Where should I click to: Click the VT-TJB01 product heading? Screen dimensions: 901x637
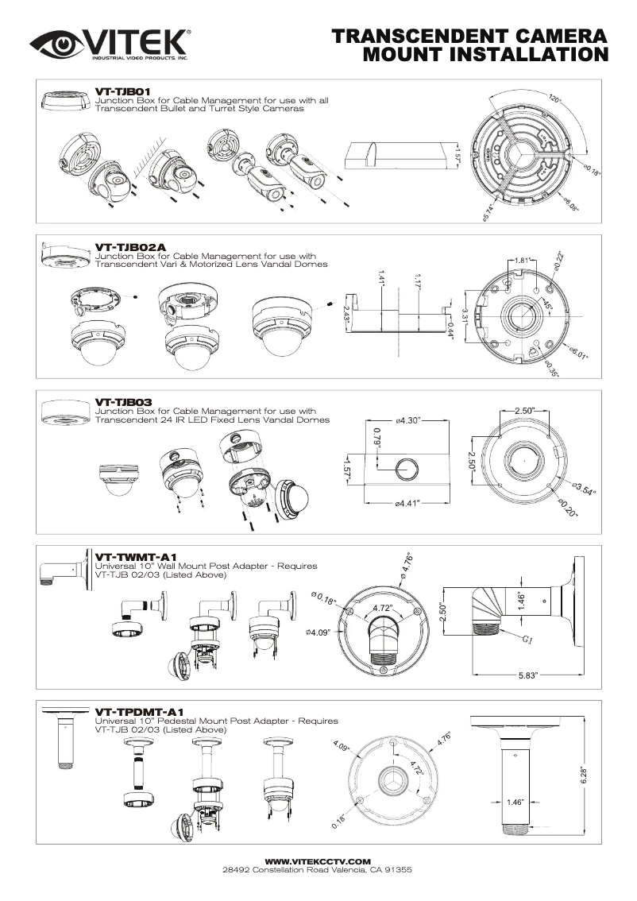tap(122, 92)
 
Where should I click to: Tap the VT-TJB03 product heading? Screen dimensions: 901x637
tap(122, 402)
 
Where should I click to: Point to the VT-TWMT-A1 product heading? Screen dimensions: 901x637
tap(135, 557)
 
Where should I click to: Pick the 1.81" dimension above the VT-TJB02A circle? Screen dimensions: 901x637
tap(523, 260)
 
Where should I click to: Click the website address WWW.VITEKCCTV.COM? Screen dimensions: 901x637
tap(318, 860)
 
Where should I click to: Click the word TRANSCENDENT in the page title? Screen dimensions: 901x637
tap(419, 37)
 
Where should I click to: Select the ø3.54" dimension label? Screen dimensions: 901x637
tap(584, 487)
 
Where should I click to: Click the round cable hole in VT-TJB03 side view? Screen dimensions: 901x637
tap(407, 468)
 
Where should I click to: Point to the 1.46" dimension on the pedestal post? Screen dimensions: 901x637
tap(516, 802)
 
